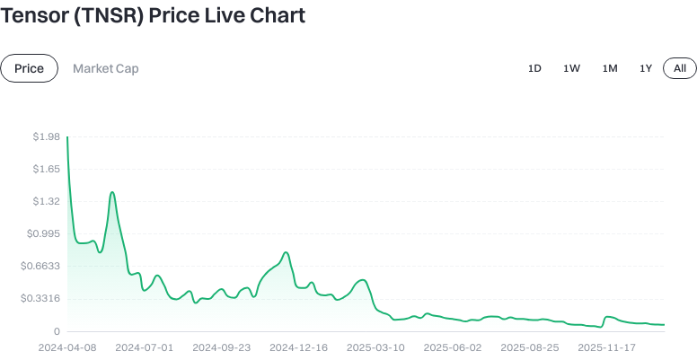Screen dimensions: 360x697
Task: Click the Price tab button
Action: [29, 68]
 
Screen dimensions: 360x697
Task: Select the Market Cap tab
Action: [106, 68]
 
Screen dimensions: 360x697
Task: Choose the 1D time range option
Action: [534, 68]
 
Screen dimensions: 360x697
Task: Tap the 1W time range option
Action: [571, 68]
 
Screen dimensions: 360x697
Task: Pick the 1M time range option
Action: [610, 68]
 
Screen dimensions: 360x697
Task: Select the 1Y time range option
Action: [646, 68]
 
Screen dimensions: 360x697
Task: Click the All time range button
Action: [680, 68]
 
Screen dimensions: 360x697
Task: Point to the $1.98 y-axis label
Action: [45, 136]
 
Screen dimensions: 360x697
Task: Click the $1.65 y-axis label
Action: [45, 169]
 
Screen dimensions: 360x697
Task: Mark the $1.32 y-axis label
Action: [45, 201]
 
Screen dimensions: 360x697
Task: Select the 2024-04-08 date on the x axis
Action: [67, 347]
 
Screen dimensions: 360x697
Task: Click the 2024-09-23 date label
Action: [221, 347]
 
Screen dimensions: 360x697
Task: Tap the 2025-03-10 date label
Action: [375, 347]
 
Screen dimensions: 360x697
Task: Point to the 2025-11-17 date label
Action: [606, 347]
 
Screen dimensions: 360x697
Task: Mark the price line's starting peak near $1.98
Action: [68, 137]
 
